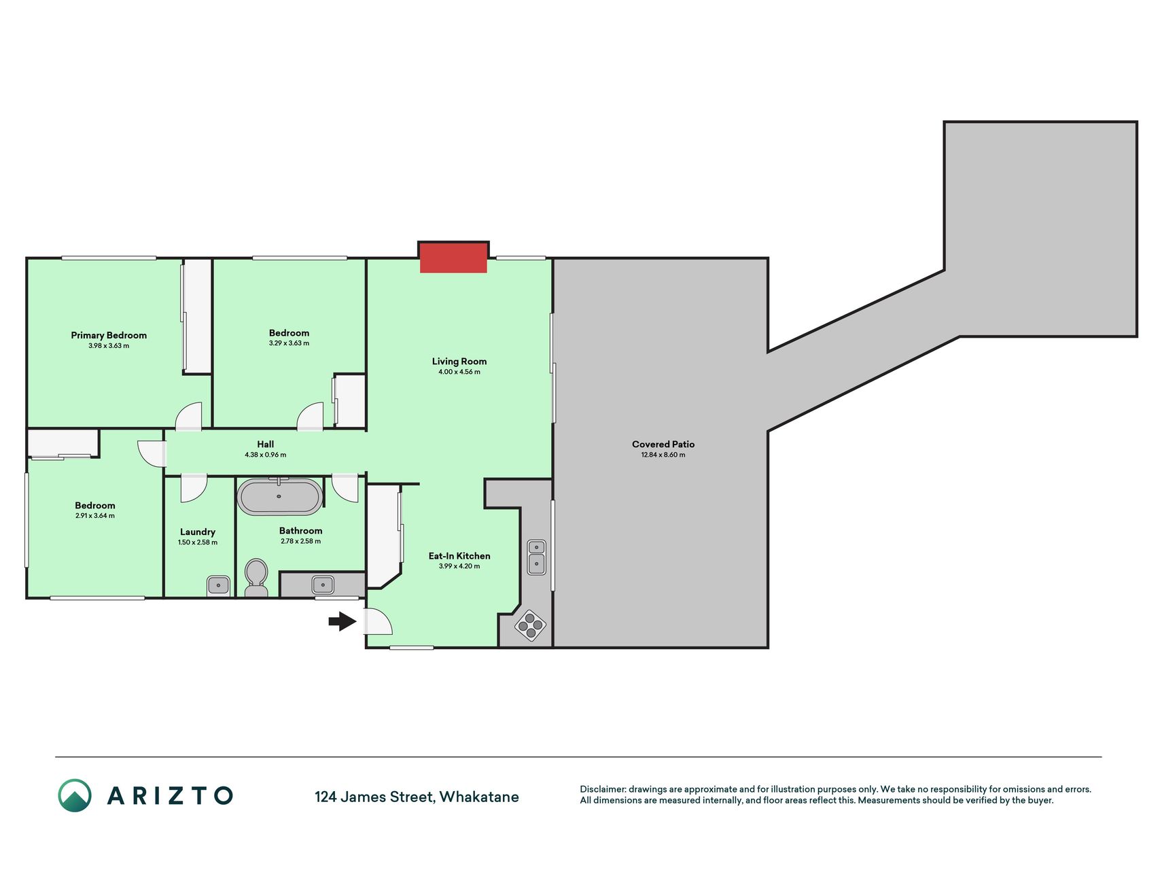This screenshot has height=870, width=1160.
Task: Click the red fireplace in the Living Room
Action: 453,258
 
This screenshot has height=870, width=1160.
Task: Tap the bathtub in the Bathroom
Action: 279,497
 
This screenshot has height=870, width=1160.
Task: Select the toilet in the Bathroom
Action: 256,578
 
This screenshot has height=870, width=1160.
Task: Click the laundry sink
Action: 218,585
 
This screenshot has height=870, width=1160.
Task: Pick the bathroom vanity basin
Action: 323,585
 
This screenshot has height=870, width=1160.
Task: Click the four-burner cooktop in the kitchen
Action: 530,625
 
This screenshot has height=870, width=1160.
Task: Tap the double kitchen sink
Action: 537,557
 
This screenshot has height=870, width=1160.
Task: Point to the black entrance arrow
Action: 342,621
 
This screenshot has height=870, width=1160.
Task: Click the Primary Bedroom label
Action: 109,335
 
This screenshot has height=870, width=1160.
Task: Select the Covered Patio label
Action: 663,445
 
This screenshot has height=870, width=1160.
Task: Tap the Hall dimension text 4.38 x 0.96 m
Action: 266,455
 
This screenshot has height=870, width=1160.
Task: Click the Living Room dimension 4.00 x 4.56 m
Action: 459,372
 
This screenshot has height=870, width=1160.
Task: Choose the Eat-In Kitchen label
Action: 459,556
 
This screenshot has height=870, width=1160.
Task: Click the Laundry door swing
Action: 194,489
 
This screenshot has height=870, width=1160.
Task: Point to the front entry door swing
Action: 379,621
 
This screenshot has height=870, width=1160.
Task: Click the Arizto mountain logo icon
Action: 75,795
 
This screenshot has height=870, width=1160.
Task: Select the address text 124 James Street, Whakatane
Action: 417,797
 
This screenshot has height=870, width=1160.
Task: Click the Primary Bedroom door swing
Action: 189,416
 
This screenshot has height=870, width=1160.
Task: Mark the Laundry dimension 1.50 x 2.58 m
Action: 198,542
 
